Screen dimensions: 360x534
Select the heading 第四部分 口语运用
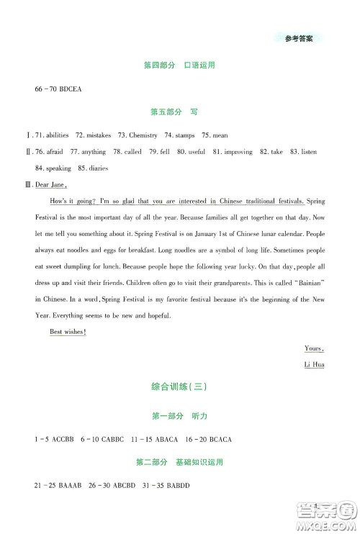(180, 65)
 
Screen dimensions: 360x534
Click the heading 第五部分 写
(180, 112)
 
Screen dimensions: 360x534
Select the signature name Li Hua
(315, 365)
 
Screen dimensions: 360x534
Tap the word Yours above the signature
(314, 348)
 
